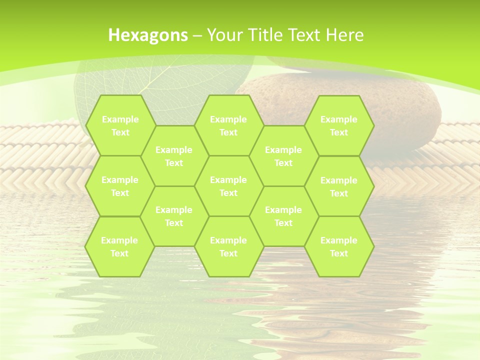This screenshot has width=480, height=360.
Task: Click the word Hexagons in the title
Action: (x=148, y=35)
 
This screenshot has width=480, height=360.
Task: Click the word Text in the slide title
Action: (x=306, y=35)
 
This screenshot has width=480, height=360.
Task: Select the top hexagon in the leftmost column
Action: (x=120, y=125)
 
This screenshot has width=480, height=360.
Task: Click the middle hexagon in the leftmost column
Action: (x=120, y=186)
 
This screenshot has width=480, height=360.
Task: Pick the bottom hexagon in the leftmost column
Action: (x=119, y=246)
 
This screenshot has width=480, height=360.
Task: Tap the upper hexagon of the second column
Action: (x=174, y=156)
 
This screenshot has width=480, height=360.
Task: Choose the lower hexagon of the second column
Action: (x=174, y=216)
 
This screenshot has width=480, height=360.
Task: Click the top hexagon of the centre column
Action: (x=228, y=125)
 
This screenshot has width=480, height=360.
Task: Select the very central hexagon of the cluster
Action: (x=228, y=186)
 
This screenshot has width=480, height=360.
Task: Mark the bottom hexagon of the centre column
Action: (x=228, y=246)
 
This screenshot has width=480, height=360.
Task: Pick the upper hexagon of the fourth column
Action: (x=283, y=156)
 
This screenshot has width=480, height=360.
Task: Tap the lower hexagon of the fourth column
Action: (x=283, y=216)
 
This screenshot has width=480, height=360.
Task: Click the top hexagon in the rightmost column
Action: (x=339, y=125)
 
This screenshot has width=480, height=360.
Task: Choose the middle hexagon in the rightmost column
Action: (x=339, y=186)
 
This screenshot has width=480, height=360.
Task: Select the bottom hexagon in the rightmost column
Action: (x=339, y=246)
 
